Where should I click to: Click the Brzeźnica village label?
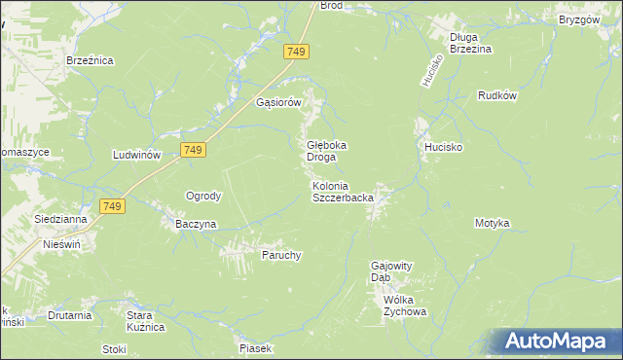pyautogui.click(x=91, y=60)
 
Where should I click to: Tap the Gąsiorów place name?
pyautogui.click(x=280, y=102)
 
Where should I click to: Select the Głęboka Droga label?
pyautogui.click(x=321, y=151)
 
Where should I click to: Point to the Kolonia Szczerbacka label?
pyautogui.click(x=343, y=192)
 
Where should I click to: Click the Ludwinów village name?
pyautogui.click(x=136, y=156)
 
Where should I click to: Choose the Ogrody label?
pyautogui.click(x=204, y=196)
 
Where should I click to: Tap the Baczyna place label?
pyautogui.click(x=196, y=224)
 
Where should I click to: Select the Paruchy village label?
pyautogui.click(x=281, y=256)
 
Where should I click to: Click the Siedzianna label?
pyautogui.click(x=60, y=220)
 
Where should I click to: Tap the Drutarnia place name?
pyautogui.click(x=70, y=315)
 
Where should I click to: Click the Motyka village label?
pyautogui.click(x=493, y=224)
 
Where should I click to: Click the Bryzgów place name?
pyautogui.click(x=579, y=19)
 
